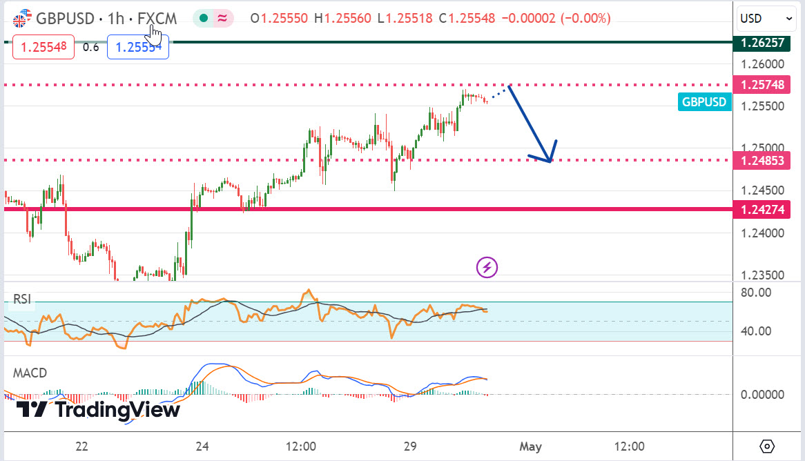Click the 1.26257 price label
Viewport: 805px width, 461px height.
[x=762, y=43]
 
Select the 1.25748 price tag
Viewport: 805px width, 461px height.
[x=762, y=85]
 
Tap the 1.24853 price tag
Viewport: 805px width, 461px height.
[x=762, y=161]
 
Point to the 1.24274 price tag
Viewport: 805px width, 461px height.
[x=762, y=209]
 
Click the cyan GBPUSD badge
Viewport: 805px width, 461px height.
[x=704, y=102]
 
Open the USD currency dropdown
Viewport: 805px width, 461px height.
[x=767, y=19]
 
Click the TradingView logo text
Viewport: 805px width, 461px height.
[x=98, y=409]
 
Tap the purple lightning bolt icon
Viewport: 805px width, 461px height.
[x=487, y=267]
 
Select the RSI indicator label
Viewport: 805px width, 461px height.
[x=23, y=299]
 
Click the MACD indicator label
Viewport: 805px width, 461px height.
[x=30, y=373]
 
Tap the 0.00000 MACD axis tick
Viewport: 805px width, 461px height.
[x=762, y=395]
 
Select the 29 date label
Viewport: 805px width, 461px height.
[x=410, y=446]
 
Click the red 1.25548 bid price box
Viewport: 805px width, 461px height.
[x=43, y=48]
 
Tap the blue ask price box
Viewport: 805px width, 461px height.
[x=137, y=48]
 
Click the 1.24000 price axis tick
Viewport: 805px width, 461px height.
[x=762, y=233]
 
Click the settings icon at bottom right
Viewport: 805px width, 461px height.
[x=767, y=445]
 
